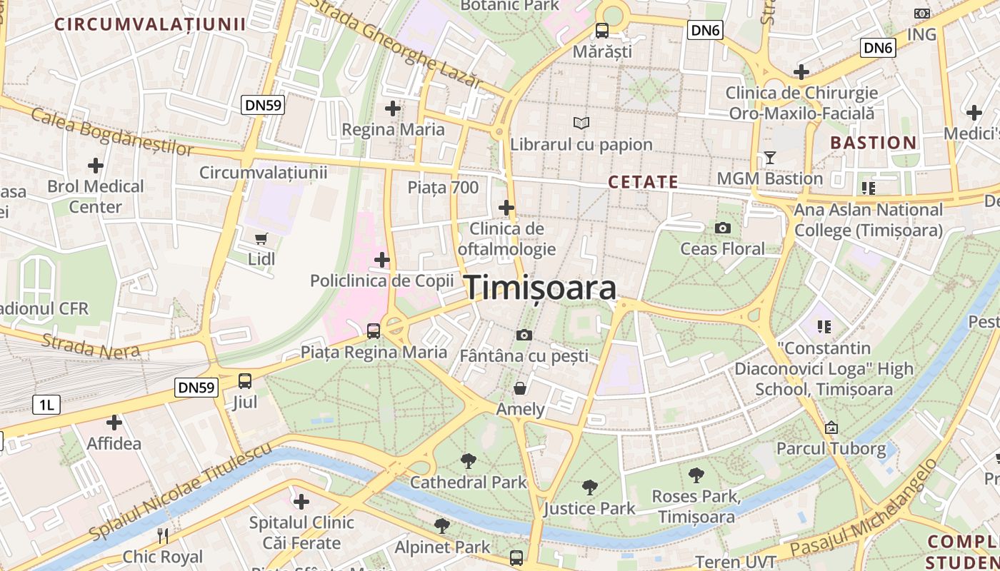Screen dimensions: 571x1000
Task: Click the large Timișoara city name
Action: [541, 288]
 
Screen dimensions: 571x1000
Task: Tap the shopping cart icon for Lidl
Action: [261, 238]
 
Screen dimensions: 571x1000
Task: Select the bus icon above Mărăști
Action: [602, 31]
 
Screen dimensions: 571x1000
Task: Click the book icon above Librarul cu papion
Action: [581, 123]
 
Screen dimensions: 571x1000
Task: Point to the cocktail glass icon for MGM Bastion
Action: [769, 157]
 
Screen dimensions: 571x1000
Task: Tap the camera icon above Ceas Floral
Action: [722, 228]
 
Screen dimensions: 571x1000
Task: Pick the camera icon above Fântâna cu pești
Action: [524, 335]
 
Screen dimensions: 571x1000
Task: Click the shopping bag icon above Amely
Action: [520, 388]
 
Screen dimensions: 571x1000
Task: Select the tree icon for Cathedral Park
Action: [468, 460]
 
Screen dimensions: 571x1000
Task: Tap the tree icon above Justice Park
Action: [589, 487]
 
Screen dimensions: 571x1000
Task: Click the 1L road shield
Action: [46, 405]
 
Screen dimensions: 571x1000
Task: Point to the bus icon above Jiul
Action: [245, 380]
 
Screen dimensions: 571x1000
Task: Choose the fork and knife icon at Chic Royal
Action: [163, 535]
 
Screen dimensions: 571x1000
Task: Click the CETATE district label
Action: [643, 182]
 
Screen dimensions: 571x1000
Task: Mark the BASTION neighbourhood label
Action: [873, 143]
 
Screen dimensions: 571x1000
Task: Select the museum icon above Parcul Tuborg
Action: [831, 428]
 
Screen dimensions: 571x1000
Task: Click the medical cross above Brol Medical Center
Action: [96, 166]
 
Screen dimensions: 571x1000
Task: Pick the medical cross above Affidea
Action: [114, 423]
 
